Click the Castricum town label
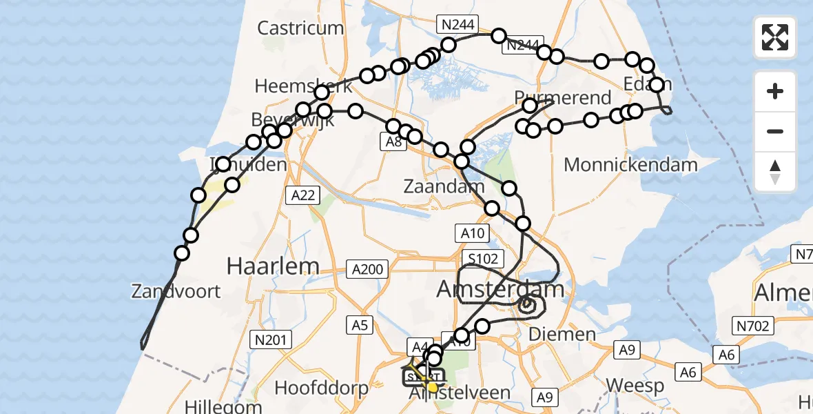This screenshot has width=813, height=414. tap(300, 28)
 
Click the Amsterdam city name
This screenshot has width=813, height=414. tap(500, 288)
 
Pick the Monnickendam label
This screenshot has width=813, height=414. tap(630, 165)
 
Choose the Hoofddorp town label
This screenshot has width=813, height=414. tap(322, 388)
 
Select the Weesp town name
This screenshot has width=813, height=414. tap(624, 385)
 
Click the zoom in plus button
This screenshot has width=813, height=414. tap(775, 91)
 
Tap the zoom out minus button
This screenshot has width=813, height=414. tap(775, 131)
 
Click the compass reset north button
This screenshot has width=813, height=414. tap(775, 171)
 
